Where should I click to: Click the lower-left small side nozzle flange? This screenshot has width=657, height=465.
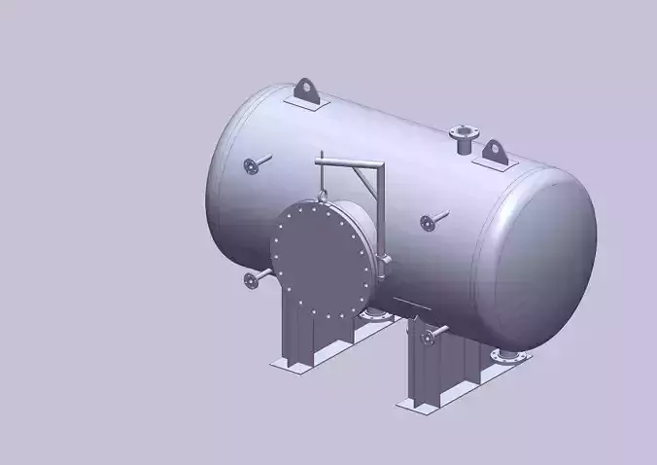pyautogui.click(x=251, y=282)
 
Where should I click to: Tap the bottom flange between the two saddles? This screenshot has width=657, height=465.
pyautogui.click(x=373, y=311)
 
